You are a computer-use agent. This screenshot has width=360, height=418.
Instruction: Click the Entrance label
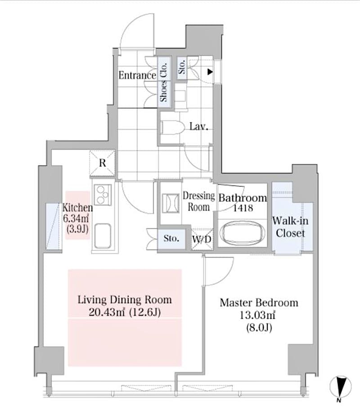tap(137, 75)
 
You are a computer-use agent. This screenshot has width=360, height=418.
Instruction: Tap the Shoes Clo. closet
tap(164, 82)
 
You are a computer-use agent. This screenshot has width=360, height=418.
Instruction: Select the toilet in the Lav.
tap(173, 128)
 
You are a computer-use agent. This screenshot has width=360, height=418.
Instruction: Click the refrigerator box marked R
tap(103, 163)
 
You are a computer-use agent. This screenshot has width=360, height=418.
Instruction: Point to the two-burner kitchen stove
tap(103, 195)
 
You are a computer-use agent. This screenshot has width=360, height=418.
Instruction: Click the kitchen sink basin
tap(103, 236)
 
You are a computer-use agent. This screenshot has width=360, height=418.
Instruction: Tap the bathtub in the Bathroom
tap(242, 233)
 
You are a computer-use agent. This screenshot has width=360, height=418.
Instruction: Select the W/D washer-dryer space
tap(202, 239)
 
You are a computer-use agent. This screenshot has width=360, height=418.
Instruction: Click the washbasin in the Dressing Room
tap(171, 203)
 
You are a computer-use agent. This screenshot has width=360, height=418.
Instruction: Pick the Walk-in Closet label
tap(290, 227)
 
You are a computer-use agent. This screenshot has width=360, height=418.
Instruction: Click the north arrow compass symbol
tap(341, 387)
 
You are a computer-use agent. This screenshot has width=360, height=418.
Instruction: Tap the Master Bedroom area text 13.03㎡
tap(257, 316)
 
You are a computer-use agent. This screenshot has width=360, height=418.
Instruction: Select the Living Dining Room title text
tap(125, 300)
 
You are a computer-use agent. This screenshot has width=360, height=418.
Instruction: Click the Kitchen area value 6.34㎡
tap(76, 218)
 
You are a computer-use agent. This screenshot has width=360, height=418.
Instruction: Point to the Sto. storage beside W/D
tap(171, 238)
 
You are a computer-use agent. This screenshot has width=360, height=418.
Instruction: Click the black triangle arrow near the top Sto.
tap(210, 72)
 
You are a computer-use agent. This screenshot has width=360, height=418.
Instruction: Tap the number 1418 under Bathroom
tap(243, 208)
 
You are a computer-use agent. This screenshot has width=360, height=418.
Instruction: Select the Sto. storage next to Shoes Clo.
tap(182, 67)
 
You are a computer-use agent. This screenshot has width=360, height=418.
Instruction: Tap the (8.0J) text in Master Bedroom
tap(259, 328)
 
